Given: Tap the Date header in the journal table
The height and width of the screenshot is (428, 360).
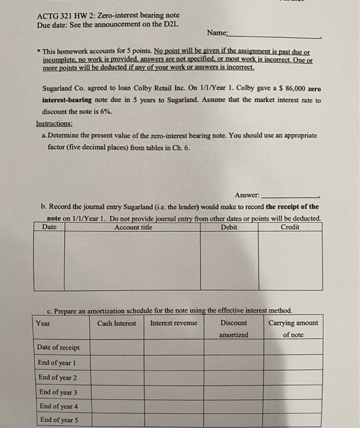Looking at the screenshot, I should (x=50, y=227).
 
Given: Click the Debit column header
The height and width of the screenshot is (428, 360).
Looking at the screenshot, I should (x=229, y=227).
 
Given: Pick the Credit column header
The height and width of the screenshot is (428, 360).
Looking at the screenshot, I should (x=290, y=227).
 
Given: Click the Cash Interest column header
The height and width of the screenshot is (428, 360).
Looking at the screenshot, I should (x=116, y=323).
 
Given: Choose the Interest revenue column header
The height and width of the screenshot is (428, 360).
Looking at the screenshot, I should (x=174, y=323).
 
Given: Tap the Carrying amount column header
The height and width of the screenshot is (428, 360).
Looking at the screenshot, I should (x=293, y=323).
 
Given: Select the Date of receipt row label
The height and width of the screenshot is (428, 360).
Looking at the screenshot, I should (x=58, y=348).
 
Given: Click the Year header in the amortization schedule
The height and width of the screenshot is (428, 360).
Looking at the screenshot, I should (x=43, y=323).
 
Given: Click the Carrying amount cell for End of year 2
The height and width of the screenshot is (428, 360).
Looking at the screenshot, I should (x=293, y=377).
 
